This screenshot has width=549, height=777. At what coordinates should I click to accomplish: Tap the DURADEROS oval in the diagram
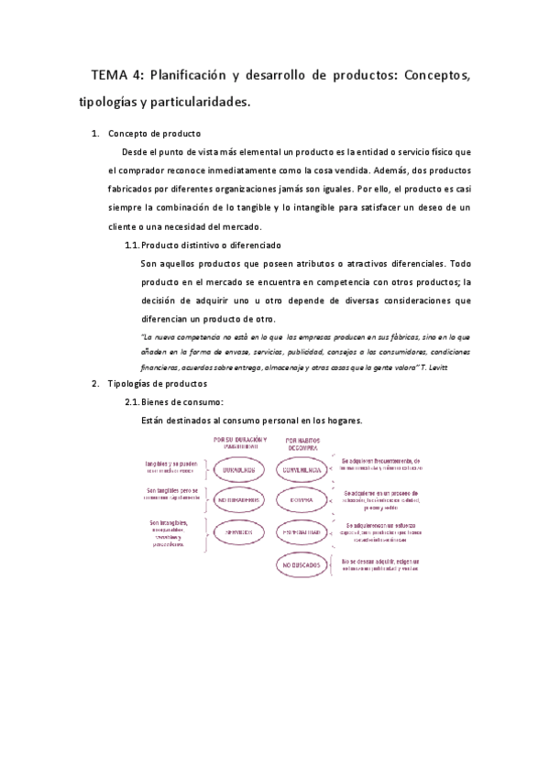point(237,471)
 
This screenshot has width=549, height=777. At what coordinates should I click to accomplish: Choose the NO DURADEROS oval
point(237,501)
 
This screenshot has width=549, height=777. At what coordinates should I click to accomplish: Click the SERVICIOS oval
point(237,532)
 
